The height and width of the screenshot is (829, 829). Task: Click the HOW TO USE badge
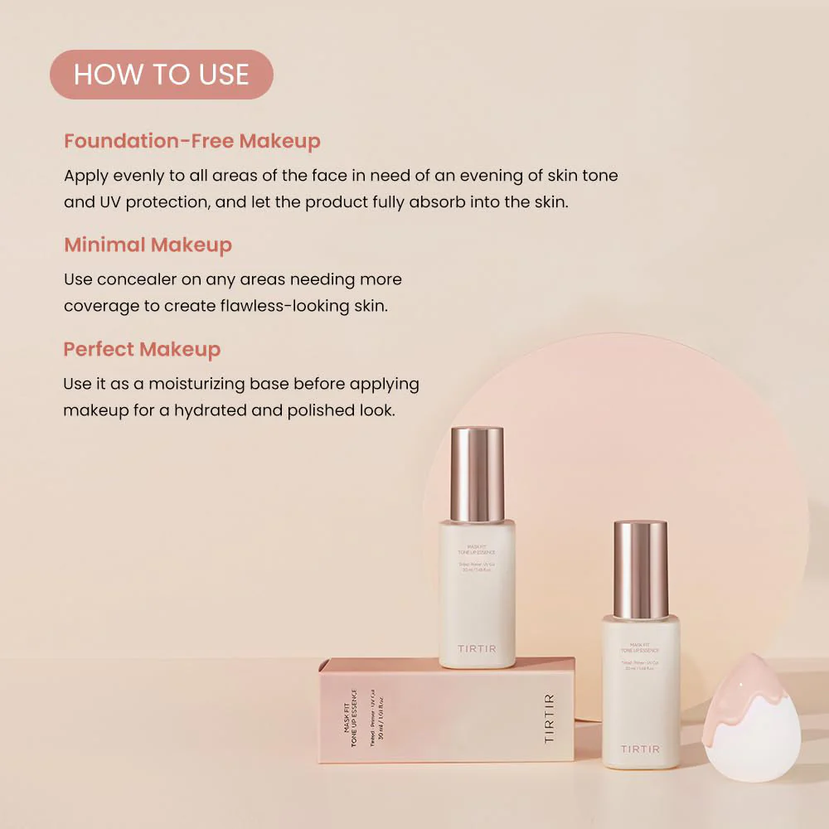click(x=161, y=75)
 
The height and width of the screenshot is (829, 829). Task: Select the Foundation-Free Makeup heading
click(x=191, y=141)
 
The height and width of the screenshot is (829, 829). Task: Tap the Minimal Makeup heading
click(x=148, y=245)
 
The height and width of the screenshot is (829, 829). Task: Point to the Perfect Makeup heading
click(x=142, y=349)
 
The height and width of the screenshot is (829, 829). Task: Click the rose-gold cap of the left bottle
click(x=477, y=473)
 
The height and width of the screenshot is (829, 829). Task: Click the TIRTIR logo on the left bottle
click(x=477, y=648)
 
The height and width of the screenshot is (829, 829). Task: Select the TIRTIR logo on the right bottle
click(x=641, y=749)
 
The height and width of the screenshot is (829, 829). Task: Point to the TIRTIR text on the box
click(x=550, y=718)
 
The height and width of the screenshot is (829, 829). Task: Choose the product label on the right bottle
click(x=641, y=655)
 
